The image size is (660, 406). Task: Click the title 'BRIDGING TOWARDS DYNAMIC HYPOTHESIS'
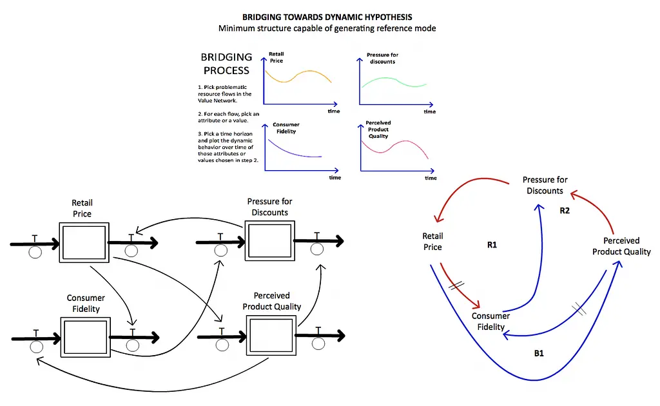[x=327, y=17]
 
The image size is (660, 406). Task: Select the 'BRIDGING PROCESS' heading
[x=226, y=64]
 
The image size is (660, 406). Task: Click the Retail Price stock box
[x=84, y=243]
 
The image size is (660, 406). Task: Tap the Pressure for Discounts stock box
[x=270, y=240]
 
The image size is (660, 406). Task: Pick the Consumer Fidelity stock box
[x=86, y=338]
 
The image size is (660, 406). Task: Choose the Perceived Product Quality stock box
[x=271, y=335]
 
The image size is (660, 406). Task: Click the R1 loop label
[x=492, y=245]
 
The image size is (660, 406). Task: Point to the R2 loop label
[x=565, y=210]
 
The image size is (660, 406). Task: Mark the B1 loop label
[x=539, y=353]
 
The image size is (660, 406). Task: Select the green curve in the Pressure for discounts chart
[x=394, y=81]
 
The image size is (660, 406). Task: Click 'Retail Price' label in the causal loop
[x=432, y=242]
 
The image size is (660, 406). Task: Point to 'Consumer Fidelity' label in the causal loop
[x=490, y=322]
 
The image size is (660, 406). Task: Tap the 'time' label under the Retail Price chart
[x=334, y=111]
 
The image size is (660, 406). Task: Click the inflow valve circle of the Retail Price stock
[x=35, y=253]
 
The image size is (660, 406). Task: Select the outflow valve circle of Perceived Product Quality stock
[x=318, y=343]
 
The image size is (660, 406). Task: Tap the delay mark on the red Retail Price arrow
[x=456, y=285]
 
